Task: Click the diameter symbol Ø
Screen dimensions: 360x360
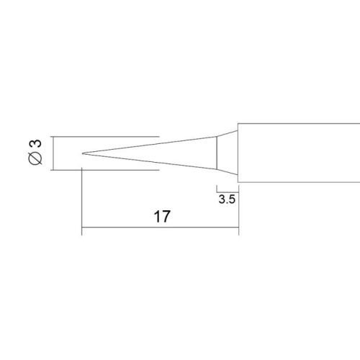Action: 35,158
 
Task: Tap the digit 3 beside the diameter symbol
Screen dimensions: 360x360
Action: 35,144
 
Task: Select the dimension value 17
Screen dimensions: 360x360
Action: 162,216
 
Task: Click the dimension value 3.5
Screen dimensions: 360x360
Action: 227,199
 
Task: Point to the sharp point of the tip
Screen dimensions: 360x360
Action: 82,153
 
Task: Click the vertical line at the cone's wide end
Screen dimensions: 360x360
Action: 217,153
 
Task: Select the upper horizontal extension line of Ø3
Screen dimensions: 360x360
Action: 105,137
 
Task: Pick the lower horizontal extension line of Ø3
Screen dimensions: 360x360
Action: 105,170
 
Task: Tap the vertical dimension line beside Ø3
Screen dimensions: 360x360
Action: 53,153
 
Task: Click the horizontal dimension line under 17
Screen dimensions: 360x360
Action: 161,227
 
